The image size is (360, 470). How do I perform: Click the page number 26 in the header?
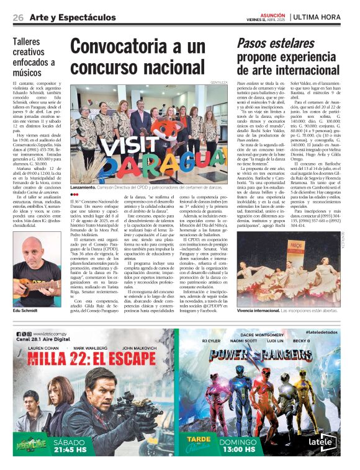click(18, 17)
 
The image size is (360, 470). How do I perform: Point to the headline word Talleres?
click(29, 42)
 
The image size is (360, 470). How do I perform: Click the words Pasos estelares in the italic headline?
click(268, 43)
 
